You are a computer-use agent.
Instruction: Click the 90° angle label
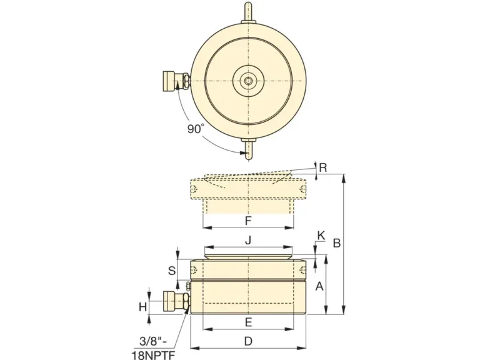196,129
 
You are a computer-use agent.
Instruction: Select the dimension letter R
323,167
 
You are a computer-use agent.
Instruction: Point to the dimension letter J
248,240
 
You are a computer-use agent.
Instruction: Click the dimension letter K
321,236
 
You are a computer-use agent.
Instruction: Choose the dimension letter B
337,243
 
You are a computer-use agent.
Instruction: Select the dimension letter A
319,286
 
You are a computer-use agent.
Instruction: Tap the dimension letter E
248,322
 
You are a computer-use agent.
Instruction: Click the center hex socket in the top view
248,81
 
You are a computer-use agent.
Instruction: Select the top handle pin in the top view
248,13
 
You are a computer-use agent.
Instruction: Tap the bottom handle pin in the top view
248,149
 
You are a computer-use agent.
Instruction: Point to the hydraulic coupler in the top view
174,81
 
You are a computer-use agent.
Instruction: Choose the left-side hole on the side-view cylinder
196,269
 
